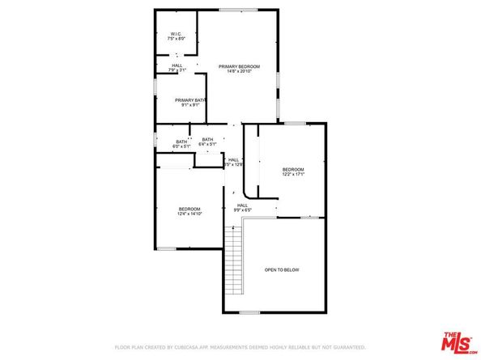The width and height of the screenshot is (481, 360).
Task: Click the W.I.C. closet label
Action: pyautogui.click(x=176, y=34)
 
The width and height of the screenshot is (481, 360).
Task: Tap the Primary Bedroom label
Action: pyautogui.click(x=239, y=66)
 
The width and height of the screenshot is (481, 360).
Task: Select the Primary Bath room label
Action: pyautogui.click(x=190, y=100)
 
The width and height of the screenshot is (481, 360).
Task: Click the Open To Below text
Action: pyautogui.click(x=282, y=269)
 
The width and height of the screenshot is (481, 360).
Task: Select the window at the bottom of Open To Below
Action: pyautogui.click(x=249, y=312)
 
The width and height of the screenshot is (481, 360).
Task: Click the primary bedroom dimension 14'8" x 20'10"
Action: pyautogui.click(x=239, y=71)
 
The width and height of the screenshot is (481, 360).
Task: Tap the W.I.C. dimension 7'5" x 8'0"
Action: pyautogui.click(x=176, y=39)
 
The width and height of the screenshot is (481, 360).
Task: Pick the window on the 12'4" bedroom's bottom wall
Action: pyautogui.click(x=167, y=248)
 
